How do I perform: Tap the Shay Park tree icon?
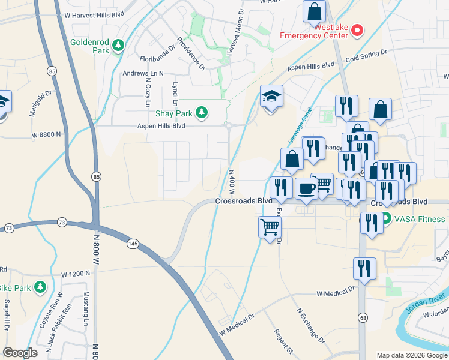203,112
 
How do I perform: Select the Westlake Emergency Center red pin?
357,29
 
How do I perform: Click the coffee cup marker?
306,188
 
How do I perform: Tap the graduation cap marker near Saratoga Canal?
271,96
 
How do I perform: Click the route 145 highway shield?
133,243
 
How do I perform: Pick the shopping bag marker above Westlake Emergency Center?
314,11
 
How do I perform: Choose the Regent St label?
282,341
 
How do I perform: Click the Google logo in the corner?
20,353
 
